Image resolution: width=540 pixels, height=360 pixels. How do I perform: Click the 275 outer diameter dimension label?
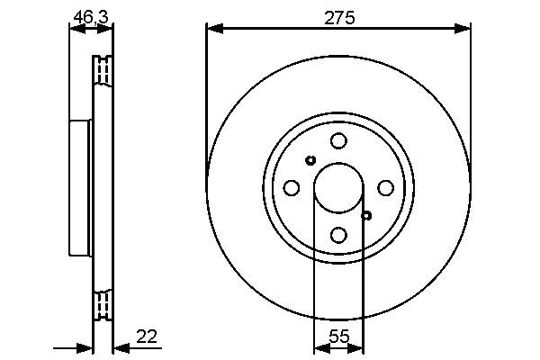(338, 15)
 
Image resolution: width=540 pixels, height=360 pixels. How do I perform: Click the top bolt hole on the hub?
(338, 140)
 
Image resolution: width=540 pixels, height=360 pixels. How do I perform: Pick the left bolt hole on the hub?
(292, 187)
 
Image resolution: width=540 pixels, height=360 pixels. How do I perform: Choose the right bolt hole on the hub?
(385, 187)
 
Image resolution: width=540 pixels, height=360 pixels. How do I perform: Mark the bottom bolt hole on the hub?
(338, 234)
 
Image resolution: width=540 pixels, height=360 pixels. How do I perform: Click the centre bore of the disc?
(338, 187)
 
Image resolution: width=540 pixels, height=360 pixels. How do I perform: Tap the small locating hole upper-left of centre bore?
(310, 160)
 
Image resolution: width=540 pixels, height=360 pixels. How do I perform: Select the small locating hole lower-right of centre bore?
(366, 214)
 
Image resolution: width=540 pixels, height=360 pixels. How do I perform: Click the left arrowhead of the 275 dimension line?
(211, 29)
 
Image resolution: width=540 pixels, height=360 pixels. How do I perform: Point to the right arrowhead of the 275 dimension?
(465, 29)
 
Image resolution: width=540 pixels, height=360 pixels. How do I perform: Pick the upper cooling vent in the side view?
(103, 69)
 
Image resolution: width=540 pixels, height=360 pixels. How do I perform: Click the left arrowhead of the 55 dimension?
(318, 346)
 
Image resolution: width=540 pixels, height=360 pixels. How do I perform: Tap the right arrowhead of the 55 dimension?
(359, 346)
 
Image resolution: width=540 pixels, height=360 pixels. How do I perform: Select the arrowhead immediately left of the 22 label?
(119, 346)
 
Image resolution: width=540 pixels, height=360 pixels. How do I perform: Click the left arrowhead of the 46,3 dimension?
(75, 29)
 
